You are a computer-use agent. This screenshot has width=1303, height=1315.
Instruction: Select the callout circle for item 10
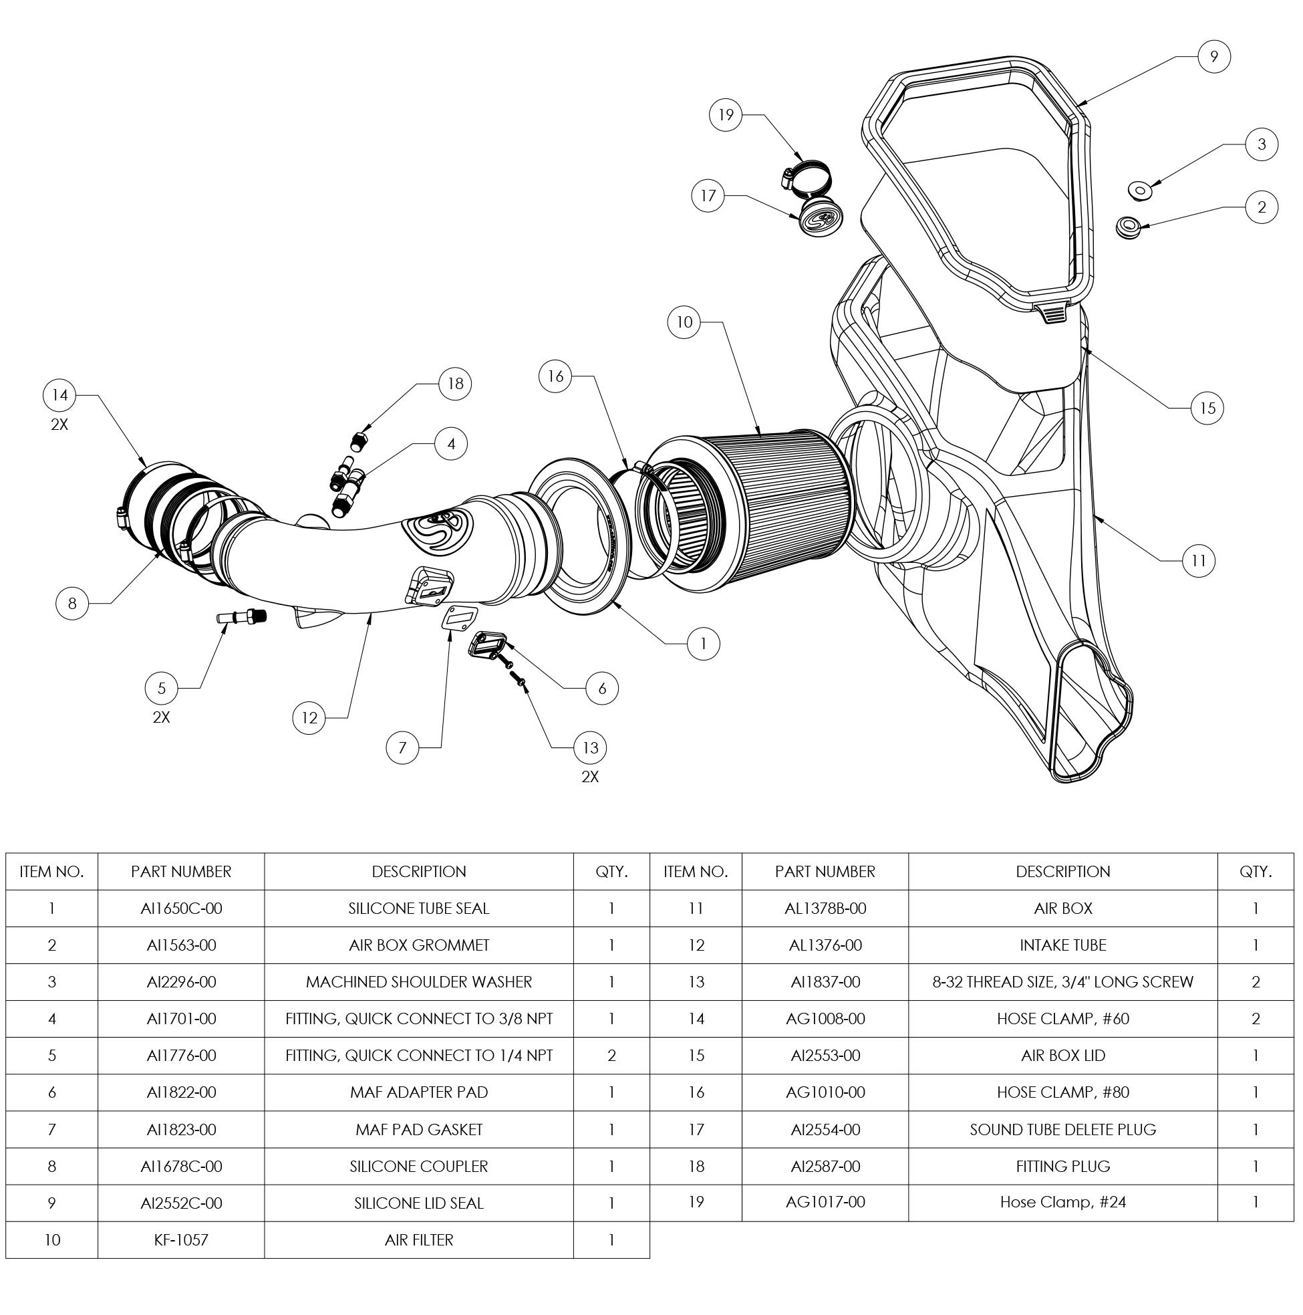click(x=684, y=322)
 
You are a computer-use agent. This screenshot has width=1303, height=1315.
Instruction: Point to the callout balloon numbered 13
click(x=590, y=748)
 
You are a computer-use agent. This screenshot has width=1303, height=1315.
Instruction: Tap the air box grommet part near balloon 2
click(x=1129, y=226)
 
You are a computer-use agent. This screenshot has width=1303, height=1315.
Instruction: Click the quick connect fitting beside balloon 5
click(x=241, y=616)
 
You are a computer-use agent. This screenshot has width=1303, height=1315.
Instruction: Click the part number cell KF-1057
click(x=181, y=1240)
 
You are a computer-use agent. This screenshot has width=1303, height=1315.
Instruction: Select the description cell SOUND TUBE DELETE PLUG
click(x=1063, y=1130)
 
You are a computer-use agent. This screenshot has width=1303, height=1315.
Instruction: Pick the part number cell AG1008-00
click(x=825, y=1019)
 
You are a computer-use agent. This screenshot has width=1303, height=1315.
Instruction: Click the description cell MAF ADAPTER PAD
click(x=418, y=1092)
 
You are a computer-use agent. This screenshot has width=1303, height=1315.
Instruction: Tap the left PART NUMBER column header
click(x=181, y=871)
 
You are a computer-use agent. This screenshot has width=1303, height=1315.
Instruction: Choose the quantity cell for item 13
click(x=1256, y=982)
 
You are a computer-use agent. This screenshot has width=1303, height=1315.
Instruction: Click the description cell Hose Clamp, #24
click(x=1063, y=1203)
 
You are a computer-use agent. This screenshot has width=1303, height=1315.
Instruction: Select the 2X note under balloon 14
click(x=59, y=425)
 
